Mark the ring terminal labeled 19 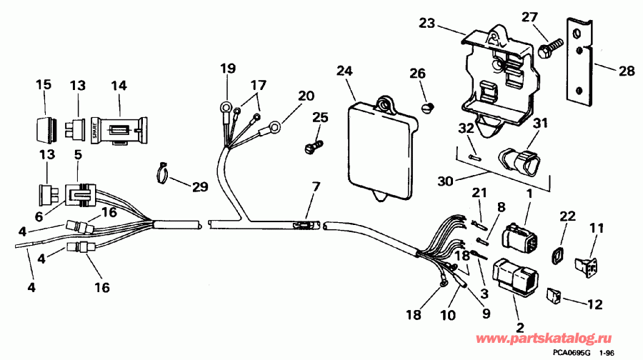click(x=226, y=109)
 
